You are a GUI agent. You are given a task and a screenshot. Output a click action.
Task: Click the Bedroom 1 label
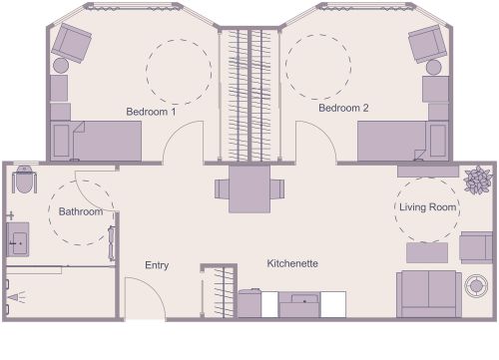[x=151, y=112]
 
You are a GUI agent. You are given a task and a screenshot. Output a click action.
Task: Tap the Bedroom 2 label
[x=344, y=107]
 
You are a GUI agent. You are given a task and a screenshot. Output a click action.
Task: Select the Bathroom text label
[x=80, y=211]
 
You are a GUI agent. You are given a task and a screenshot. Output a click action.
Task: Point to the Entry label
[x=157, y=265]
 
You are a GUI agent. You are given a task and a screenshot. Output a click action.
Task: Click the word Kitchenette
[x=291, y=263]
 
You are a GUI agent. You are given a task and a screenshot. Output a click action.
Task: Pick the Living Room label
[x=428, y=207]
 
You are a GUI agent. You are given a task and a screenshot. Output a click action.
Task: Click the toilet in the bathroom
[x=23, y=181]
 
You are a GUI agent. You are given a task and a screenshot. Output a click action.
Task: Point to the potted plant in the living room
[x=478, y=180]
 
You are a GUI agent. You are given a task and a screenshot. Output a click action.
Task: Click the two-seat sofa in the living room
[x=428, y=291]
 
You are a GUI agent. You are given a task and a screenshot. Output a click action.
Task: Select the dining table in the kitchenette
[x=249, y=187]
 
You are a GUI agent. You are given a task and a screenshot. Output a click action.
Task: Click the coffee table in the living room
[x=426, y=252]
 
